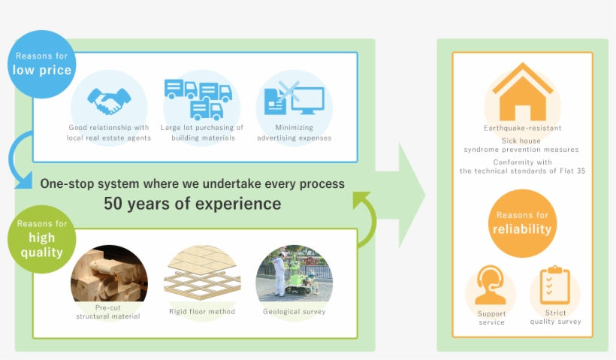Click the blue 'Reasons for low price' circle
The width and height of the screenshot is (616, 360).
(41, 64)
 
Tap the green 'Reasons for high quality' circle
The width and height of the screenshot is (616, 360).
(41, 238)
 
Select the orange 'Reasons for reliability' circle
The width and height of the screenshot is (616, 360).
(521, 223)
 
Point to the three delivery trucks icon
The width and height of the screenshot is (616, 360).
(199, 98)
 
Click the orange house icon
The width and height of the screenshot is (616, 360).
(522, 92)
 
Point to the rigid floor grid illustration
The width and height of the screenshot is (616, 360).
(201, 274)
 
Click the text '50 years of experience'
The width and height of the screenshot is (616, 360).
(192, 204)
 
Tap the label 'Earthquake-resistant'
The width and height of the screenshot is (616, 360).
(522, 129)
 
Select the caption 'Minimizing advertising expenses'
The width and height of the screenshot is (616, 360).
(294, 133)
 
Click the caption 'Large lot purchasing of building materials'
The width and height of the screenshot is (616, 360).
(202, 133)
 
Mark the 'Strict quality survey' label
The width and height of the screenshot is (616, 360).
(555, 317)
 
